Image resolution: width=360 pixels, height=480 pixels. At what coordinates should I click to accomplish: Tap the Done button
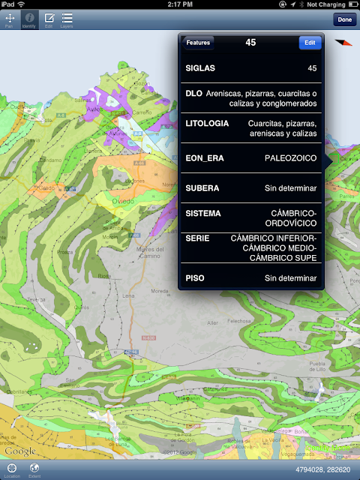[345, 19]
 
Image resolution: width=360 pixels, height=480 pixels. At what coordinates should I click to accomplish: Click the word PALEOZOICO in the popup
[291, 158]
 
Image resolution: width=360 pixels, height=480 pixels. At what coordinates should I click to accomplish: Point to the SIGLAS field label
[200, 68]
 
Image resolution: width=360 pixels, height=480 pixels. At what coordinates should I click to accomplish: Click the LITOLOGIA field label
[206, 123]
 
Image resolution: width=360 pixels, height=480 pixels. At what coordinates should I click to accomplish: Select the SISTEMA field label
[203, 213]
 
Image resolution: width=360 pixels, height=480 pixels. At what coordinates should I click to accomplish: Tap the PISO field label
[196, 278]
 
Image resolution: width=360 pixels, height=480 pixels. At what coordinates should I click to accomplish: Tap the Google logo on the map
[20, 450]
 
